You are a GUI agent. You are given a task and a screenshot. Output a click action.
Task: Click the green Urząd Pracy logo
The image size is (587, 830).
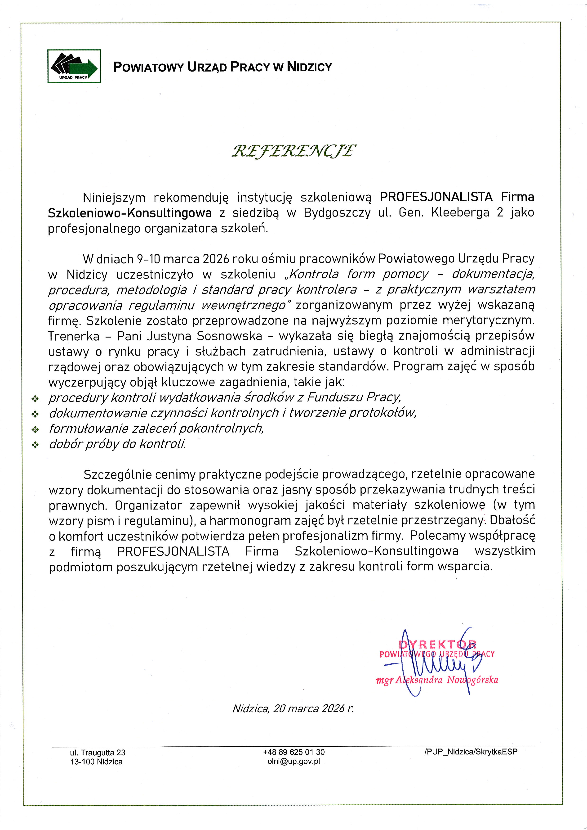(x=74, y=66)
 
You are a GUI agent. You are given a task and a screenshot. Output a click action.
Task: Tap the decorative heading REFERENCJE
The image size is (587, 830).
(x=293, y=151)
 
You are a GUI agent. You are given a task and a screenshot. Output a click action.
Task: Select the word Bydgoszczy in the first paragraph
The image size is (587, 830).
(x=337, y=213)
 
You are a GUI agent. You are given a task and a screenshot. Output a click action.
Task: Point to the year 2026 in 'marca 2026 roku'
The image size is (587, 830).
(x=216, y=259)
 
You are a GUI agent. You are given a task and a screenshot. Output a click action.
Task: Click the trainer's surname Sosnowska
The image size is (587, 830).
(x=230, y=336)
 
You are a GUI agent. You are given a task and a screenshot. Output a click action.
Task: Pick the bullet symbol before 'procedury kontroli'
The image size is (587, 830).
(x=35, y=399)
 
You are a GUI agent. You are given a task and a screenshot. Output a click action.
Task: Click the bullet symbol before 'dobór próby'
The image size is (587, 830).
(x=35, y=445)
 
